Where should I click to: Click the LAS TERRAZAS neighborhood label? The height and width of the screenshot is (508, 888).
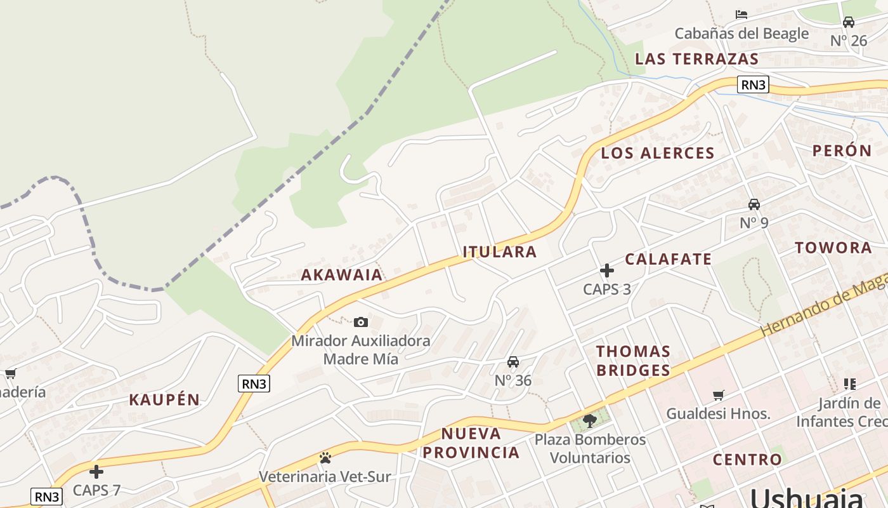point(696,59)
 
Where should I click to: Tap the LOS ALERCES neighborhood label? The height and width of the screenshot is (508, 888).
point(658,153)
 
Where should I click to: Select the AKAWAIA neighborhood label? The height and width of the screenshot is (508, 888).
point(342,275)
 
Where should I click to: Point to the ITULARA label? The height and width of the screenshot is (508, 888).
point(500,252)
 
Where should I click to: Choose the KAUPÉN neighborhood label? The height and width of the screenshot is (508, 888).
point(164,400)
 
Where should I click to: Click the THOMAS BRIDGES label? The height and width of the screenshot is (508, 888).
point(633,361)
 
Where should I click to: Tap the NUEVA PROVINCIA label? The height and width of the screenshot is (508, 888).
point(471,443)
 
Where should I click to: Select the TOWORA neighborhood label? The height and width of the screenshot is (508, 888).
point(833,248)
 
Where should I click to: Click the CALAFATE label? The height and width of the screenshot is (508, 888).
point(669,259)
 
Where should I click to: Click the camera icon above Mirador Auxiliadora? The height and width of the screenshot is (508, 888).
point(361,323)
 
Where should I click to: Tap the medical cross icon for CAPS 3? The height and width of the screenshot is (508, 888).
point(607,271)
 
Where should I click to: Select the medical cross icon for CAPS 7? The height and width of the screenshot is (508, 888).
point(96,472)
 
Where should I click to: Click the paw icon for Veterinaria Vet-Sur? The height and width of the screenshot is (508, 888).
point(325,458)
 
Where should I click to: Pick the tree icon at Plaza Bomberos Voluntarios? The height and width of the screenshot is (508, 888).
point(590,420)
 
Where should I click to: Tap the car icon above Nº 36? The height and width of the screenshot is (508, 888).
point(513,362)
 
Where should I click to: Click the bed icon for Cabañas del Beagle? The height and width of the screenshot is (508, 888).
point(741,15)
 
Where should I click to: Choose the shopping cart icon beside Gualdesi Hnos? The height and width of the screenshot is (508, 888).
point(719,396)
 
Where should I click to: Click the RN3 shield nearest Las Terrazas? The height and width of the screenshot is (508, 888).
point(753,84)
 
